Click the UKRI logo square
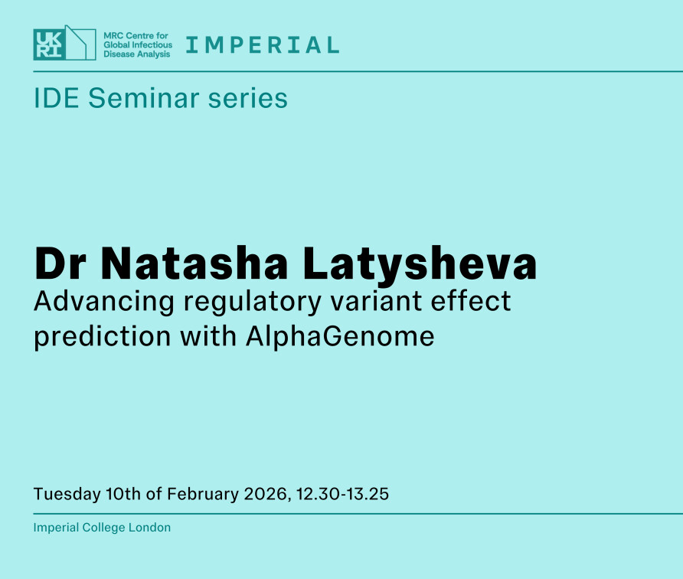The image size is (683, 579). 50,44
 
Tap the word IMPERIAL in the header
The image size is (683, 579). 263,45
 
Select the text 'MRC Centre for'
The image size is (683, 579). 136,35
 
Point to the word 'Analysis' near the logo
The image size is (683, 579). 152,54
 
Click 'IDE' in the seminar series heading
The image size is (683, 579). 56,97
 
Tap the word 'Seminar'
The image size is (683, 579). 144,97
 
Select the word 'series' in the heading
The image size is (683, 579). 248,97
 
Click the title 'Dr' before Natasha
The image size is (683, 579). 60,263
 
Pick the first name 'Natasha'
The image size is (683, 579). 194,263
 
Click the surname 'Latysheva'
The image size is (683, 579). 420,265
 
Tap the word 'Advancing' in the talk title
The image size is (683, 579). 104,302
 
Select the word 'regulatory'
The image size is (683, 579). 253,302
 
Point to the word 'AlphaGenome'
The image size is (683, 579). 340,337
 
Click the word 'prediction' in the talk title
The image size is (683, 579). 103,337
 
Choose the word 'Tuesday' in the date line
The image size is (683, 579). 67,495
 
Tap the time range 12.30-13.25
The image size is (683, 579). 342,494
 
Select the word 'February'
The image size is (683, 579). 203,495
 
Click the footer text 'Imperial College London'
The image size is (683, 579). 102,528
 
